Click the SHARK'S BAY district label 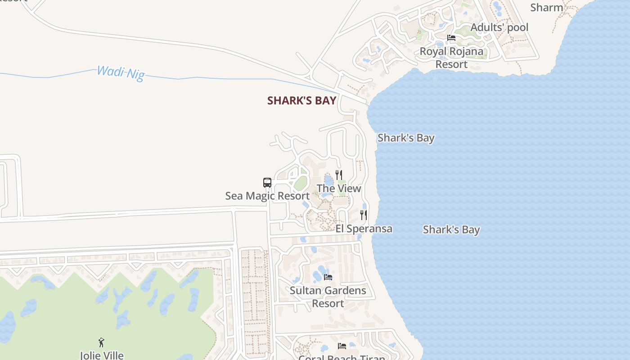pyautogui.click(x=301, y=100)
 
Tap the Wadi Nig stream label pyautogui.click(x=121, y=73)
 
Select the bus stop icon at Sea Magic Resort pyautogui.click(x=267, y=183)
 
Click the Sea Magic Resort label pyautogui.click(x=267, y=196)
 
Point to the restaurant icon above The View pyautogui.click(x=339, y=175)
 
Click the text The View pyautogui.click(x=339, y=188)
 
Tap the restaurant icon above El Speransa pyautogui.click(x=364, y=215)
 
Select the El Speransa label pyautogui.click(x=364, y=229)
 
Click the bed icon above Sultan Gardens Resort pyautogui.click(x=328, y=277)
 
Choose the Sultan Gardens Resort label pyautogui.click(x=328, y=297)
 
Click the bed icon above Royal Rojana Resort pyautogui.click(x=451, y=38)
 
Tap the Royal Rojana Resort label pyautogui.click(x=451, y=58)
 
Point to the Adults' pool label pyautogui.click(x=499, y=27)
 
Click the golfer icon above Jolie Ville pyautogui.click(x=101, y=342)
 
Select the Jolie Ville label pyautogui.click(x=102, y=355)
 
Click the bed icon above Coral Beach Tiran pyautogui.click(x=342, y=346)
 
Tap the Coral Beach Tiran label pyautogui.click(x=342, y=357)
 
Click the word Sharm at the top pyautogui.click(x=546, y=8)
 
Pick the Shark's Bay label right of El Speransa pyautogui.click(x=451, y=229)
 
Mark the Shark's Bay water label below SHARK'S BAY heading pyautogui.click(x=406, y=138)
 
